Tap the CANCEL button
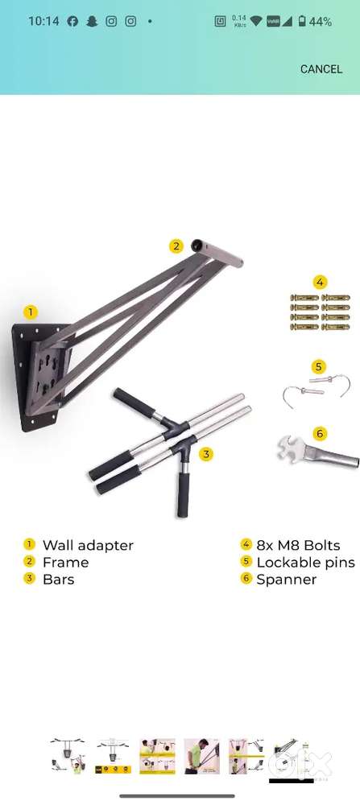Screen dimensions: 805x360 point(321,69)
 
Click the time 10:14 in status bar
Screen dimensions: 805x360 point(43,22)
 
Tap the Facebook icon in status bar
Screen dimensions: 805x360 point(72,22)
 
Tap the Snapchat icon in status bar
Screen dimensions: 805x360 point(92,22)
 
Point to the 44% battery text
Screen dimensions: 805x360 point(320,22)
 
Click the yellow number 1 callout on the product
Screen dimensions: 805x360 point(31,312)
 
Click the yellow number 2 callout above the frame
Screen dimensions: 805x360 point(176,247)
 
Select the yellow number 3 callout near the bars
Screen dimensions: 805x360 point(207,454)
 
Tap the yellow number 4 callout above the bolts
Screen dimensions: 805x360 point(320,282)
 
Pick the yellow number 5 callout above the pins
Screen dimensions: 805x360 point(319,367)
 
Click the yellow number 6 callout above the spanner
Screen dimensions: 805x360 point(320,433)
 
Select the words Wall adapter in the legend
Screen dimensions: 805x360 point(88,545)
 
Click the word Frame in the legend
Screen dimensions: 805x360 point(65,562)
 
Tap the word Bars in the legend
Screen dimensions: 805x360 point(58,579)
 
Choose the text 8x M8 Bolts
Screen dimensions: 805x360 point(298,545)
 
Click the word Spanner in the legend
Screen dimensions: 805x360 point(286,579)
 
